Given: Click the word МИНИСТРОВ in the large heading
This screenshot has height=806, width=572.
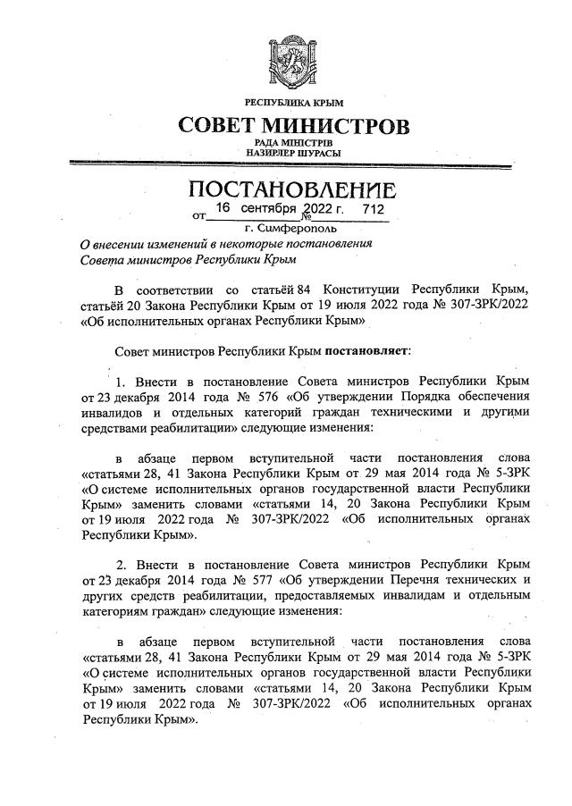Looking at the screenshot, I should click(x=343, y=126).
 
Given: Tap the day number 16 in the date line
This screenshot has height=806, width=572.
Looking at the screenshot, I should click(x=223, y=209).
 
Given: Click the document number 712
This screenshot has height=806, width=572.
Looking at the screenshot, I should click(x=373, y=209).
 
